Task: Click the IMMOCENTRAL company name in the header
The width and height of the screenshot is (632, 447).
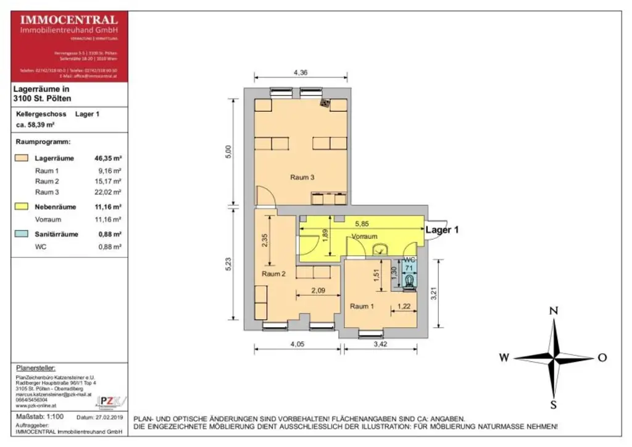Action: [69, 20]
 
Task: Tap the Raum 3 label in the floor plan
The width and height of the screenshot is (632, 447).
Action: [302, 178]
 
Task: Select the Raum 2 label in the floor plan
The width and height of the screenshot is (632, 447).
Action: [273, 274]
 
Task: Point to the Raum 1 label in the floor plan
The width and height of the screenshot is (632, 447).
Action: [362, 306]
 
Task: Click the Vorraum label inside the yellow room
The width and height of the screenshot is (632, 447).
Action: [364, 237]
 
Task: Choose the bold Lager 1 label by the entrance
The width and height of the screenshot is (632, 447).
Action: [442, 230]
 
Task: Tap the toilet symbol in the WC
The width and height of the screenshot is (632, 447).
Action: [410, 282]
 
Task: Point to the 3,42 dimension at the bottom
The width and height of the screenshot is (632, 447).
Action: [380, 345]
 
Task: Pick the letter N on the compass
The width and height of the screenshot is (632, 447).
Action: [554, 311]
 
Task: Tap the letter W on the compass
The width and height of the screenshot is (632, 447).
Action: [504, 357]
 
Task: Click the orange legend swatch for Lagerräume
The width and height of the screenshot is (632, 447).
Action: [21, 159]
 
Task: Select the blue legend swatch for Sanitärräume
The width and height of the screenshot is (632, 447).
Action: [21, 234]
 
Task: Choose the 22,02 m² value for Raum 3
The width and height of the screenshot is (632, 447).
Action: [109, 193]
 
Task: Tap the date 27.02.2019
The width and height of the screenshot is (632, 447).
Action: [110, 418]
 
